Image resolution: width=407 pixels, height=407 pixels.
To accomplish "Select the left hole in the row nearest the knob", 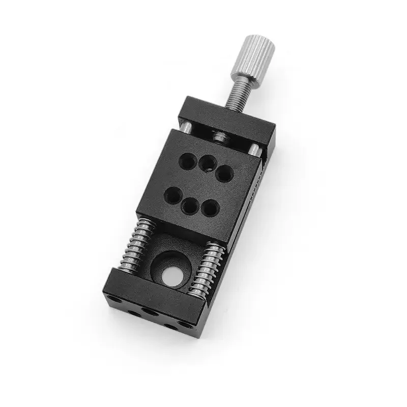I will coord(187,160).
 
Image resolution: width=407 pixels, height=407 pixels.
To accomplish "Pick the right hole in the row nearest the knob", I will coord(224,173).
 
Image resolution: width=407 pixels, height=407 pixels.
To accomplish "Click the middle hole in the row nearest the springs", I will coord(189,206).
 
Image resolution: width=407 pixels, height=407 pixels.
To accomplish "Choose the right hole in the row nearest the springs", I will coord(209,208).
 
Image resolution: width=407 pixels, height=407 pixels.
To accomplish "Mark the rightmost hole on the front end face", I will coord(178,325).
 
